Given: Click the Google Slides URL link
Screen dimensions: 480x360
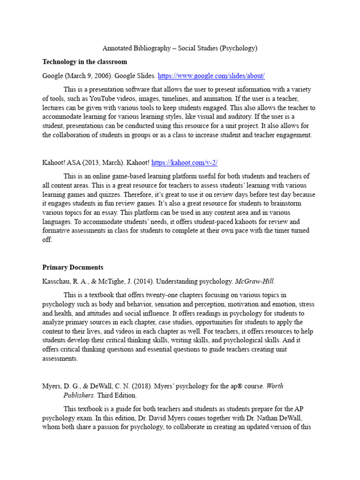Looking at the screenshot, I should click(211, 75).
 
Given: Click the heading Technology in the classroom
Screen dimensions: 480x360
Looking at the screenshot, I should click(84, 62).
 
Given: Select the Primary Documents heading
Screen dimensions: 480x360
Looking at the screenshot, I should click(73, 267).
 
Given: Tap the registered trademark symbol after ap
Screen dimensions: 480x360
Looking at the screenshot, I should click(240, 386).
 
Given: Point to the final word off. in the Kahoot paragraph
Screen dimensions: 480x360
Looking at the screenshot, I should click(47, 240).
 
